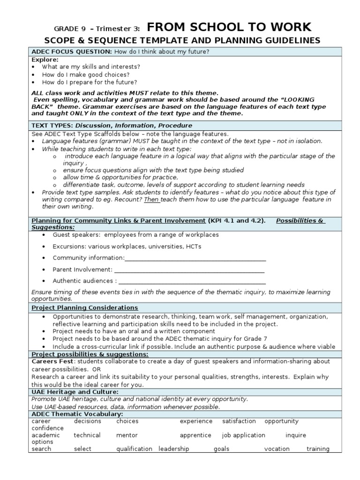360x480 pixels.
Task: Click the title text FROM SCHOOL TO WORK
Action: tap(229, 27)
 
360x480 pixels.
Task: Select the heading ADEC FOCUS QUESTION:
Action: tap(71, 51)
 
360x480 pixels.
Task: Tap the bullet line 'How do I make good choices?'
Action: tap(86, 75)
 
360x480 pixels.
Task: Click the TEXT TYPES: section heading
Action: tap(52, 126)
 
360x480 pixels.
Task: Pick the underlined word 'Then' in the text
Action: tap(152, 199)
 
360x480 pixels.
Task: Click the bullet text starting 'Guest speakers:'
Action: tap(135, 235)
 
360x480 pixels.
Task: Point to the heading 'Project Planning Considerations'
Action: tap(84, 307)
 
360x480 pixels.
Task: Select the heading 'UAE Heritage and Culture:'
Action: tap(75, 391)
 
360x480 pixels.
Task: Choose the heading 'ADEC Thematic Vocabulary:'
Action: tap(77, 414)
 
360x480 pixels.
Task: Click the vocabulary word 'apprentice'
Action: tap(195, 435)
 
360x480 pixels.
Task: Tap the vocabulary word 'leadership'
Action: tap(173, 449)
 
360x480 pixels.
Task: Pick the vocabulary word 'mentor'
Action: tap(127, 435)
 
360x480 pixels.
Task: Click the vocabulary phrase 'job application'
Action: tap(244, 435)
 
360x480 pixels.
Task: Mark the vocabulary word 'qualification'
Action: tap(134, 449)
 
